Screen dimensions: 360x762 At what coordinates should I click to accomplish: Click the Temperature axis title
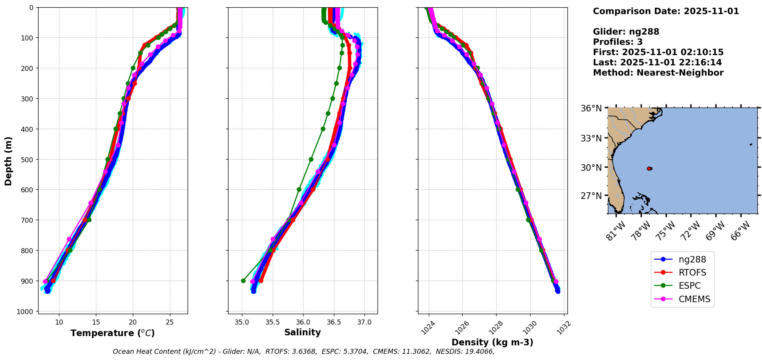[112, 333]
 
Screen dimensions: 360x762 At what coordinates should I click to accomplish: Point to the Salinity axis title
[302, 332]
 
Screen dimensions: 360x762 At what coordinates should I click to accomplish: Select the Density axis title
[492, 342]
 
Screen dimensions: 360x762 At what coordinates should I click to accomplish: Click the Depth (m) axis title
[8, 161]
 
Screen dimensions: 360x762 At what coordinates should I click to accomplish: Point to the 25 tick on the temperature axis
[170, 322]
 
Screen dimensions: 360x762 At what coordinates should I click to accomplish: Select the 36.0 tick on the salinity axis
[303, 322]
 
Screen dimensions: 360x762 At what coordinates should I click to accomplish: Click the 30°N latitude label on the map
[591, 168]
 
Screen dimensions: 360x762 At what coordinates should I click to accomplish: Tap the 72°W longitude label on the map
[690, 231]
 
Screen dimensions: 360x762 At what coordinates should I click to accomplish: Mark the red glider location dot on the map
[649, 168]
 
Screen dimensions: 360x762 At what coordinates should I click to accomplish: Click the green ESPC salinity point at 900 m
[243, 281]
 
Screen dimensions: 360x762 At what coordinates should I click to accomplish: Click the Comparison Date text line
[666, 11]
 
